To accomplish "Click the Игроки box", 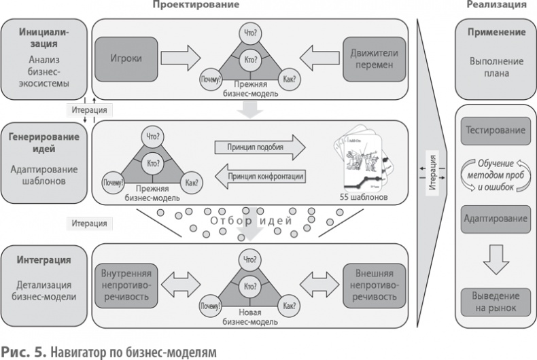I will [125, 58].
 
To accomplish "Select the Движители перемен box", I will [370, 58].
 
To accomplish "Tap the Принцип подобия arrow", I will [258, 147].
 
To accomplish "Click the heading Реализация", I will [496, 5].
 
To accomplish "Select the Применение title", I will [496, 32].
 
